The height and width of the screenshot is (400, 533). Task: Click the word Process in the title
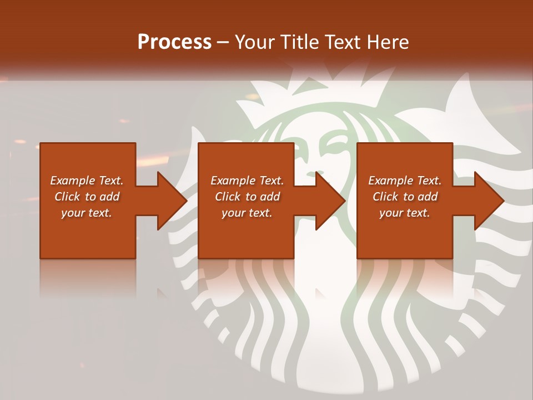pyautogui.click(x=174, y=42)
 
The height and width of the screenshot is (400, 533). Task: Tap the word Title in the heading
pyautogui.click(x=300, y=42)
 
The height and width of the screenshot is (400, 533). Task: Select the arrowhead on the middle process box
pyautogui.click(x=330, y=201)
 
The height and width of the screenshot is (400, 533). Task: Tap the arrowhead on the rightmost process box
pyautogui.click(x=489, y=201)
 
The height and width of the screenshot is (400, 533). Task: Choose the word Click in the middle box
pyautogui.click(x=228, y=197)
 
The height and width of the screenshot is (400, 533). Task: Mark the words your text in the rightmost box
pyautogui.click(x=404, y=213)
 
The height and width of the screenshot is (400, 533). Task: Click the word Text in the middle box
pyautogui.click(x=271, y=181)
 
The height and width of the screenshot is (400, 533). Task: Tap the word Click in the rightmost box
pyautogui.click(x=386, y=197)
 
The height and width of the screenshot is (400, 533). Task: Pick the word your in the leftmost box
pyautogui.click(x=72, y=213)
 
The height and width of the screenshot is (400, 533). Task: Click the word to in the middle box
pyautogui.click(x=252, y=197)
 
